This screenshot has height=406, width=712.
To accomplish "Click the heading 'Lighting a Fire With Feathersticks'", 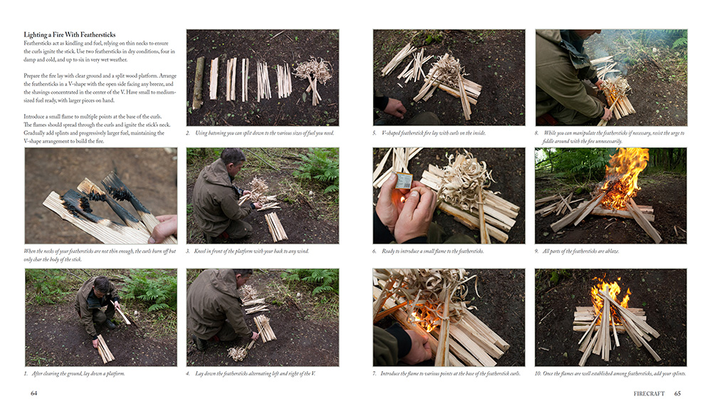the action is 70,34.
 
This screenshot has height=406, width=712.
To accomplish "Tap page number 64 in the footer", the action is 33,393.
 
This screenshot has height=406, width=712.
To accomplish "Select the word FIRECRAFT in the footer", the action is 649,394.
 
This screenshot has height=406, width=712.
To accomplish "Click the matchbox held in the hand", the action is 404,181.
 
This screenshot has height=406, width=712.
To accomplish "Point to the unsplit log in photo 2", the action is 199,83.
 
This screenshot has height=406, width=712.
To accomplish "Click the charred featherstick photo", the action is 101,196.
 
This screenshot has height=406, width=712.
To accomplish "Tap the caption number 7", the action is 375,374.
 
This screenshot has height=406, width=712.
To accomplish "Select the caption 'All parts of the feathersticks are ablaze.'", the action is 581,251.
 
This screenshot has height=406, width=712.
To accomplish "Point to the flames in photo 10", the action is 610,294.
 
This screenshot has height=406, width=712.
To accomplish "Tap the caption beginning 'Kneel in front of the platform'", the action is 251,251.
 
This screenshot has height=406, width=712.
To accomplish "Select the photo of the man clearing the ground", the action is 101,318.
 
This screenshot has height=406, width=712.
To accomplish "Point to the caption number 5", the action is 375,133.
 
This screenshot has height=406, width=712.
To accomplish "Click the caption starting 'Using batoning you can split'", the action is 265,133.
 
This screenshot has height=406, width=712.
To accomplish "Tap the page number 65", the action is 678,394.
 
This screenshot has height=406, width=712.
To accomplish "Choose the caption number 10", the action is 538,374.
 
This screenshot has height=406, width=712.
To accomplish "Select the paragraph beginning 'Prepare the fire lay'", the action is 100,88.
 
